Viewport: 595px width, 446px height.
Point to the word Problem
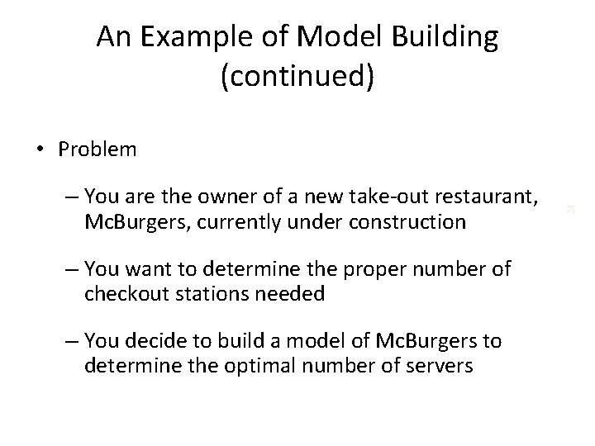click(x=98, y=149)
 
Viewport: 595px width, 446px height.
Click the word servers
click(x=432, y=365)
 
